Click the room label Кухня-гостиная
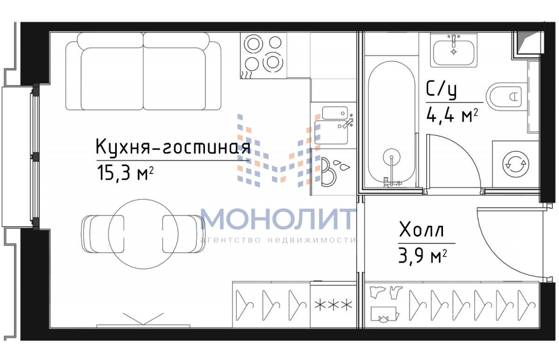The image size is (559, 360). [x=173, y=147]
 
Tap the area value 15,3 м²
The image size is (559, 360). [x=125, y=172]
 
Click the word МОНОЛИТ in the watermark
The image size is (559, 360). [x=278, y=218]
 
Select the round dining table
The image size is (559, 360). [x=143, y=234]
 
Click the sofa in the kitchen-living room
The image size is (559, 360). [x=143, y=71]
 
